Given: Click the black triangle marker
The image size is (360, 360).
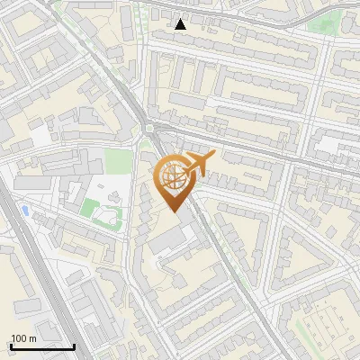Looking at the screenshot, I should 181,24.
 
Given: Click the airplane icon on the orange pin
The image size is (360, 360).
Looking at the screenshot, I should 197,163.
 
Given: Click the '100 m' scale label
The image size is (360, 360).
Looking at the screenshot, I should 23,338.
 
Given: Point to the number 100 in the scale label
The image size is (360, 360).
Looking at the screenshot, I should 19,338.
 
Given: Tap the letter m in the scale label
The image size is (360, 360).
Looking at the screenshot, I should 32,338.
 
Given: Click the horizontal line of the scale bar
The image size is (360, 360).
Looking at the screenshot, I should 42,346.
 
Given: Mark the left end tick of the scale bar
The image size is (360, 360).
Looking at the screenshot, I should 11,345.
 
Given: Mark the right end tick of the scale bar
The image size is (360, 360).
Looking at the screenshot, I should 74,345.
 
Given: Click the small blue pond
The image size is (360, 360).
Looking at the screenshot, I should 24,210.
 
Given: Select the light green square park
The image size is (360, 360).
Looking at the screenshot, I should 117,162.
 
